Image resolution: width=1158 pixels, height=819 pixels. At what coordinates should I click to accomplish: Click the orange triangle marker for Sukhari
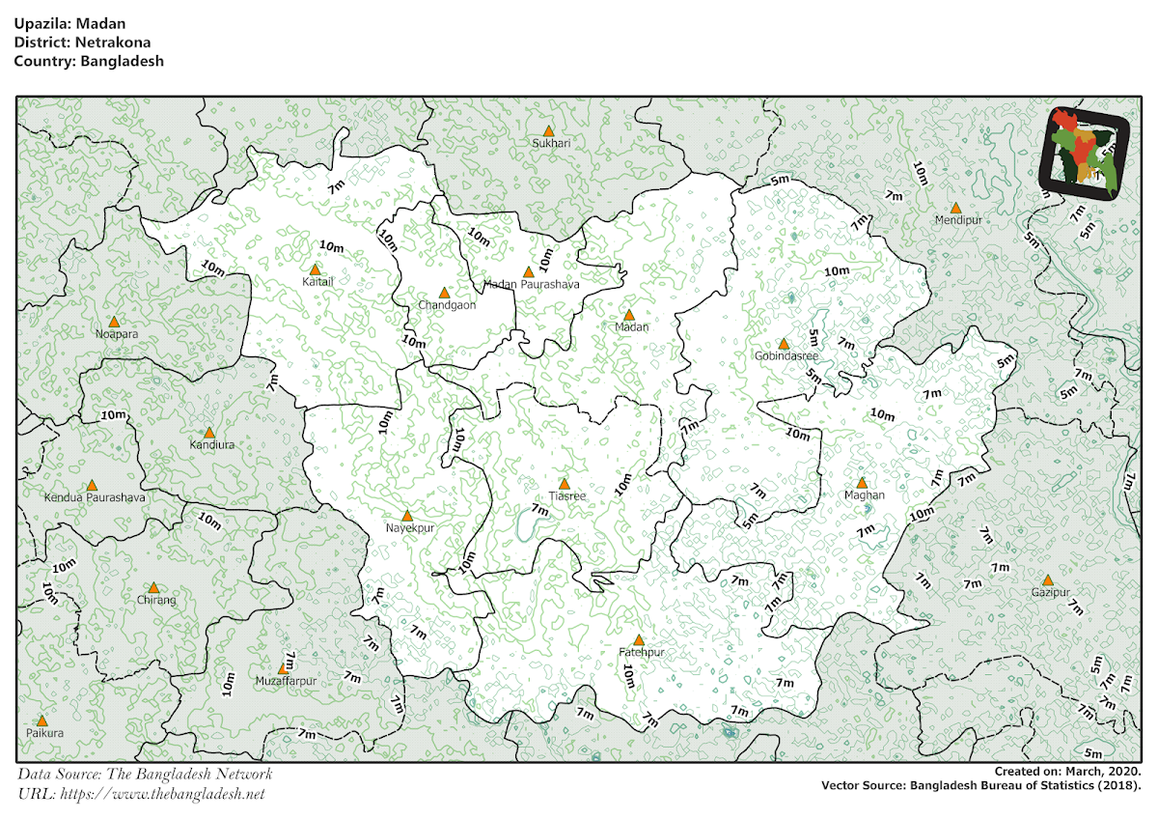[548, 130]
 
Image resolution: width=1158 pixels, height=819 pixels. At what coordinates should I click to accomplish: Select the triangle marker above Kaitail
[315, 269]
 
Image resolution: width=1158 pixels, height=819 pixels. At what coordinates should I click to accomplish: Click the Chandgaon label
[447, 305]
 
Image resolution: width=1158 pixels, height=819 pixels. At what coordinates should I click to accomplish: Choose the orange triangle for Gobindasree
[784, 344]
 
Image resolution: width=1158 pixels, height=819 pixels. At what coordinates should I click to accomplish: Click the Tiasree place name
[566, 496]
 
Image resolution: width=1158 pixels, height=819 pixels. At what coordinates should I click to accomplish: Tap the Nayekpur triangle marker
[407, 516]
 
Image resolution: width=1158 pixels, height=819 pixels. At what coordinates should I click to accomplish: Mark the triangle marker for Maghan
[862, 483]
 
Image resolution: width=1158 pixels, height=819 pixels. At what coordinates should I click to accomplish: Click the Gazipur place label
[1050, 592]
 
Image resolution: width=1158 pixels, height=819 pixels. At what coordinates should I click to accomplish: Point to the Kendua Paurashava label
[95, 498]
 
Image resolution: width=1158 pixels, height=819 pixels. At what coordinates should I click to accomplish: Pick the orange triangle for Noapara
[114, 322]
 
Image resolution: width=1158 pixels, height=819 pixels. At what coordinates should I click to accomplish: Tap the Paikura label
[44, 734]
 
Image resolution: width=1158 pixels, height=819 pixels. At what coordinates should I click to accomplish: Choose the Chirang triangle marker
[153, 587]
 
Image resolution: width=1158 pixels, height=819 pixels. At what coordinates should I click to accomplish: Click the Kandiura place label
[211, 446]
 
